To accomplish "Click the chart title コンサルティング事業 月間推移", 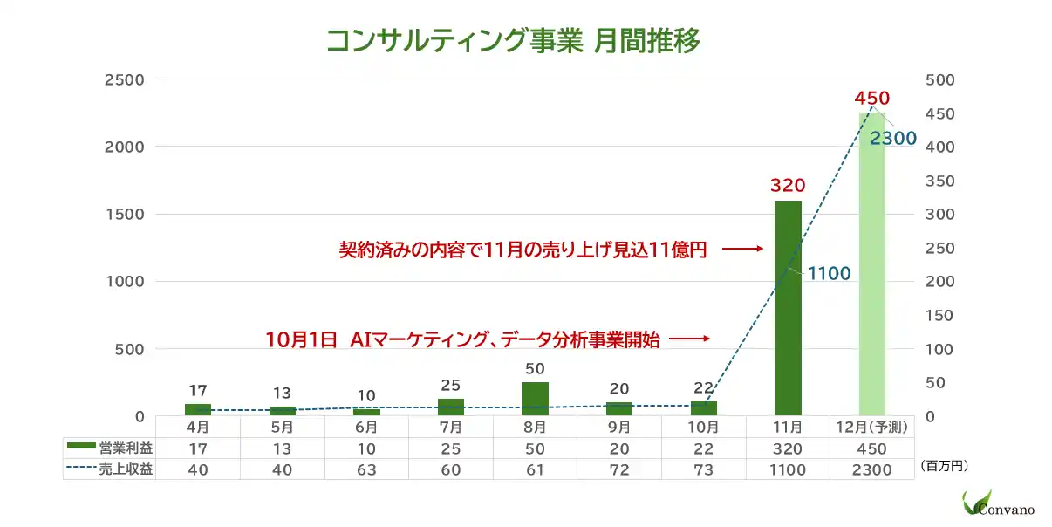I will pyautogui.click(x=513, y=41).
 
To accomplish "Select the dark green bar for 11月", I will pyautogui.click(x=788, y=307).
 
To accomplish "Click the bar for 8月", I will pyautogui.click(x=535, y=399).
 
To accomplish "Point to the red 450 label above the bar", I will pyautogui.click(x=872, y=98).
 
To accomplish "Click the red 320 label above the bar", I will pyautogui.click(x=788, y=185).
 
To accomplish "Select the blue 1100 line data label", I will pyautogui.click(x=829, y=274).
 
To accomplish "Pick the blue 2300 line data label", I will pyautogui.click(x=892, y=138).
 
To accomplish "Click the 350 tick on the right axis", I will pyautogui.click(x=940, y=181).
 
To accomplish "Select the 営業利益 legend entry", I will pyautogui.click(x=109, y=448).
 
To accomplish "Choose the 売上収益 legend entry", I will pyautogui.click(x=109, y=470).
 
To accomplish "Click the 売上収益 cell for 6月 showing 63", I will pyautogui.click(x=366, y=470).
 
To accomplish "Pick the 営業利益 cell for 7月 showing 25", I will pyautogui.click(x=451, y=448).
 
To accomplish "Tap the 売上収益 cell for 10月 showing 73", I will pyautogui.click(x=703, y=470).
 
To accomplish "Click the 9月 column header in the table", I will pyautogui.click(x=619, y=428).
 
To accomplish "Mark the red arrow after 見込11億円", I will pyautogui.click(x=743, y=250).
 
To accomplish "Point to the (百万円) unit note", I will pyautogui.click(x=944, y=467).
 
